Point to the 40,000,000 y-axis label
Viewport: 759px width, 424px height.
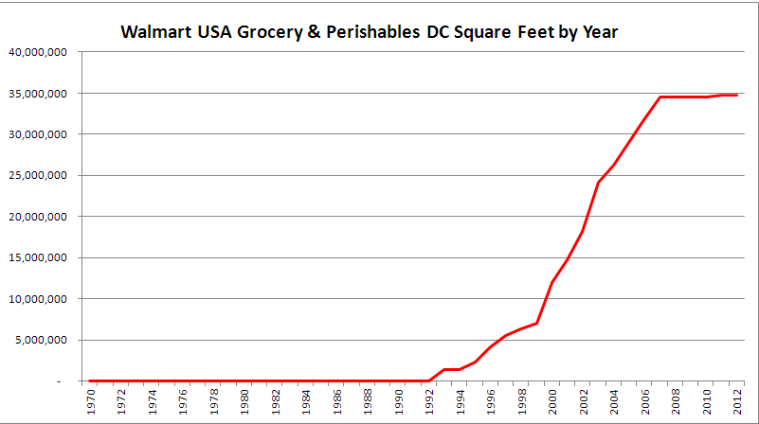[37, 52]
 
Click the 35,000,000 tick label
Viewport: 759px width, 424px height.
[37, 94]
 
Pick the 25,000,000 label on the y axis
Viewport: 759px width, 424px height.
[37, 175]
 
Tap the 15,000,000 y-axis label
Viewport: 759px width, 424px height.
[37, 257]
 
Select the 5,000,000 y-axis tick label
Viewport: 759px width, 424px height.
[40, 340]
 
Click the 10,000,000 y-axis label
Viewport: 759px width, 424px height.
[37, 299]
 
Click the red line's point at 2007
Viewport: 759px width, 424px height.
[660, 97]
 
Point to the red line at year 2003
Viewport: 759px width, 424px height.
[599, 182]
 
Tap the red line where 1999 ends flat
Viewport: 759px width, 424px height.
[537, 323]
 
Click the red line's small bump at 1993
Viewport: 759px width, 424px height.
[445, 369]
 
